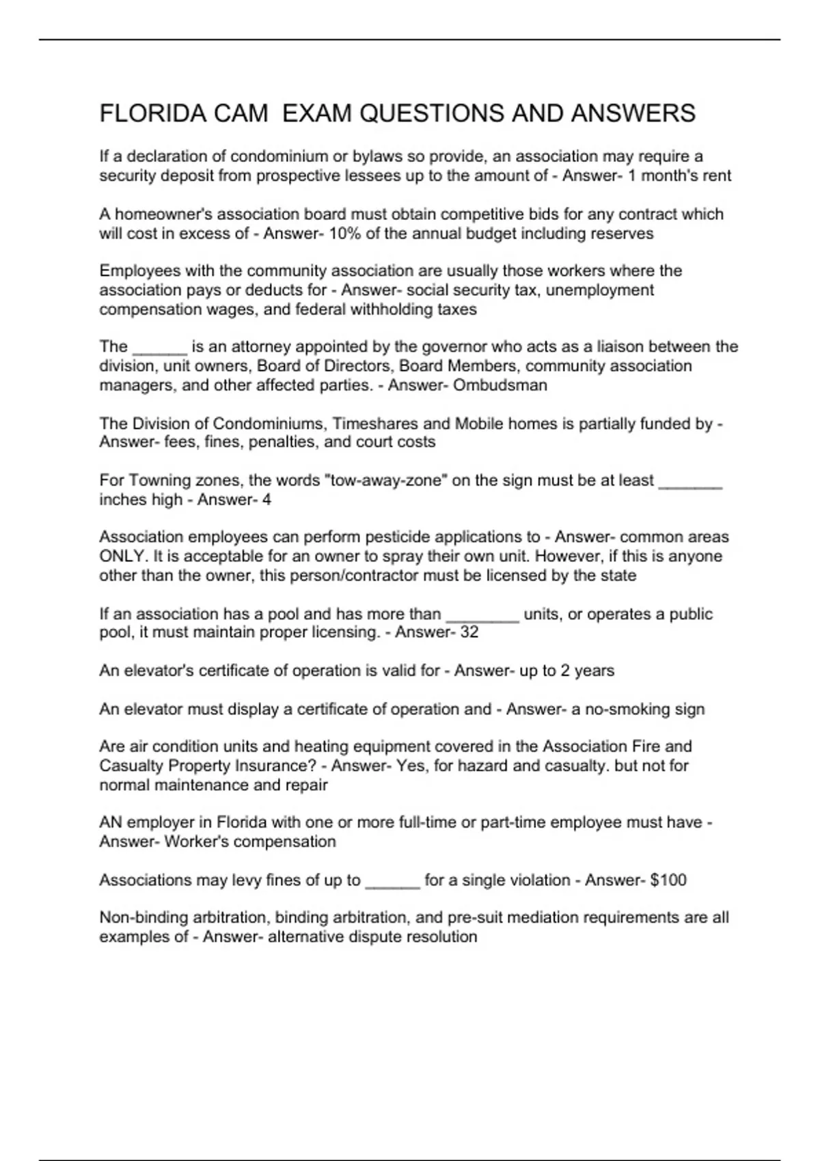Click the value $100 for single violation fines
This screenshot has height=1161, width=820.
(668, 880)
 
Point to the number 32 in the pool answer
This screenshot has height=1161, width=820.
(469, 632)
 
